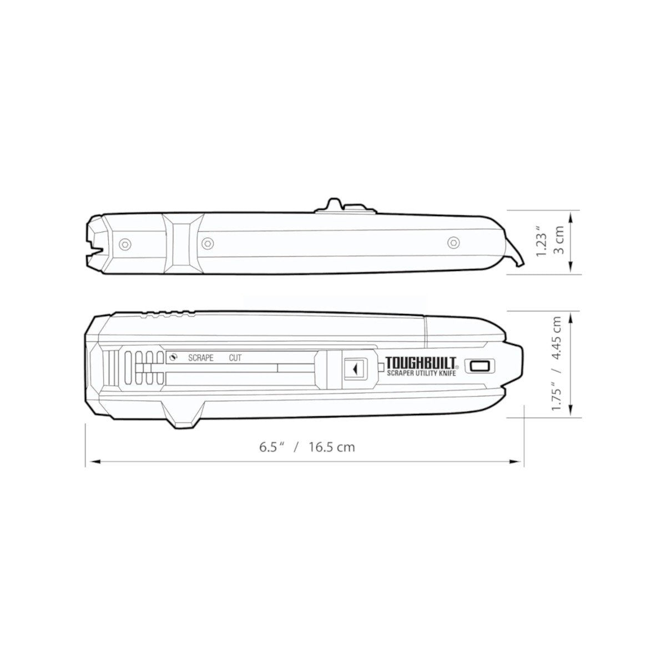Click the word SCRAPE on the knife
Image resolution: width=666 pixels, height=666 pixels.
200,358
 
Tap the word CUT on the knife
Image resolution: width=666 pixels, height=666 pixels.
235,358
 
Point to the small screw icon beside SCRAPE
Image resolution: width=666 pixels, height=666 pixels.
174,357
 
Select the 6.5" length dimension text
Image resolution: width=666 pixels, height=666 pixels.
272,447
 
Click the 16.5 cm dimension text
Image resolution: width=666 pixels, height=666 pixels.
332,447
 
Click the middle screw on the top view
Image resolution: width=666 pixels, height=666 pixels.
208,243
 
